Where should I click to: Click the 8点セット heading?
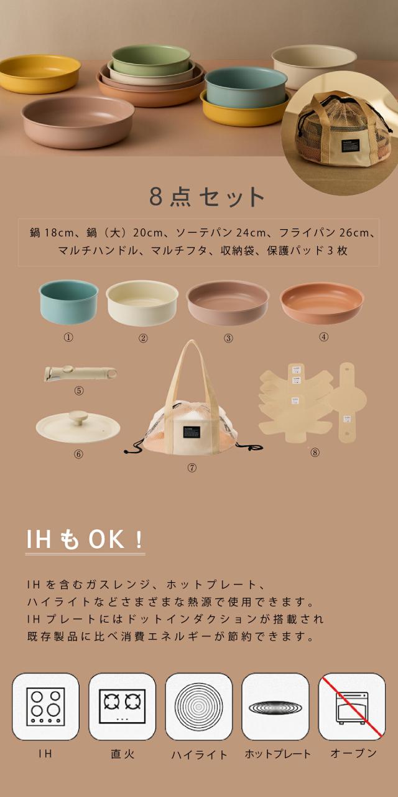(x=207, y=197)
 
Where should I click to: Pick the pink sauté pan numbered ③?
(x=228, y=302)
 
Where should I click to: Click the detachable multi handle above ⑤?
(x=80, y=373)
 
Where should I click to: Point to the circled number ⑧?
(x=315, y=453)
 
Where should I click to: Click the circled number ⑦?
(x=192, y=468)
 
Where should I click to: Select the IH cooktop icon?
(x=45, y=706)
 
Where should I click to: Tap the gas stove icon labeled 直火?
(x=122, y=706)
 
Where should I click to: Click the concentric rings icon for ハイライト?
(x=198, y=706)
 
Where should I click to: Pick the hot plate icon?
(x=275, y=707)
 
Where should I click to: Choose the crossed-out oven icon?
(x=351, y=706)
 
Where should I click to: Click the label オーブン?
(x=353, y=753)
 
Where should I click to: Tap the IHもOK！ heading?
(x=85, y=540)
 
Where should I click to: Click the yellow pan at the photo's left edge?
(x=39, y=73)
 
